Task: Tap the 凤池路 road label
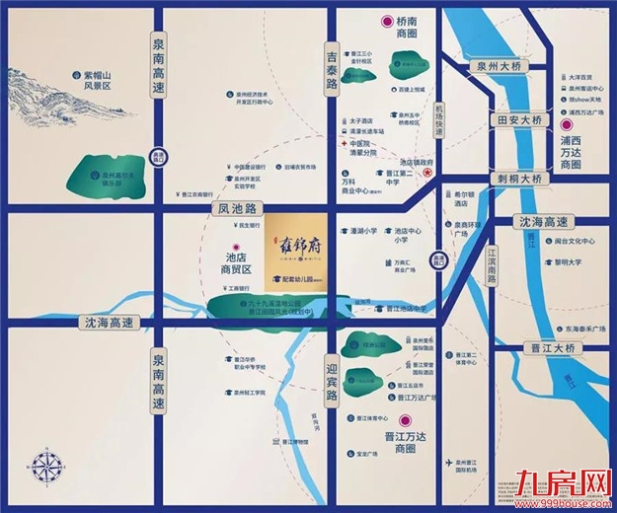(238, 209)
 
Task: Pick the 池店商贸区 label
(233, 262)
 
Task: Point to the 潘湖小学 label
(364, 232)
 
